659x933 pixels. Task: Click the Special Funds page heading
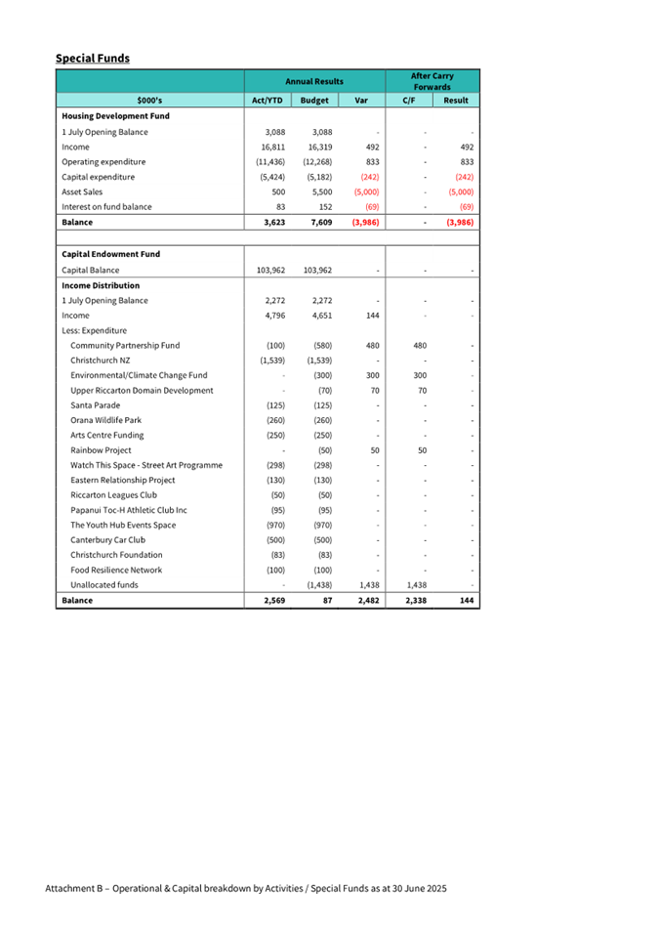click(93, 59)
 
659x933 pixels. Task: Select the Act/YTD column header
click(268, 100)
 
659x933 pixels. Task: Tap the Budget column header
click(314, 100)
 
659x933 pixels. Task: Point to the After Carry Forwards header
click(432, 81)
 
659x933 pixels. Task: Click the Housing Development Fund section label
click(115, 115)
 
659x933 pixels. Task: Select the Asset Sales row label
click(83, 191)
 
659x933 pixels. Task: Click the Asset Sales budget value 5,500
click(320, 191)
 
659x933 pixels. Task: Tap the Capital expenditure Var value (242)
click(369, 177)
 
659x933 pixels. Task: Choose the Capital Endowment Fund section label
click(110, 254)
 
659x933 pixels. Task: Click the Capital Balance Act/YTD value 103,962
click(267, 269)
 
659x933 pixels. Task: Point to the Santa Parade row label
click(98, 404)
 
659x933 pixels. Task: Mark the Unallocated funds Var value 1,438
click(366, 584)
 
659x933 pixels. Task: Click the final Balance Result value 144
click(466, 600)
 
